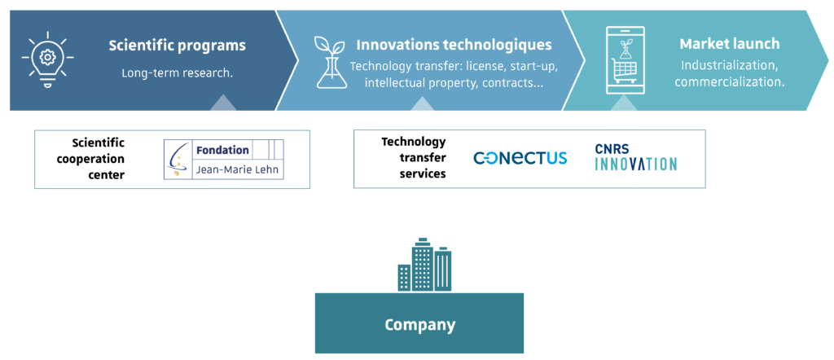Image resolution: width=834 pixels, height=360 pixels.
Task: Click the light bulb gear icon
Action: (48, 59)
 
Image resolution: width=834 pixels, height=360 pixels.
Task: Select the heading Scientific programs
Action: (177, 45)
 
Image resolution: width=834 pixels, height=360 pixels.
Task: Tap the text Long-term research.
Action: (177, 72)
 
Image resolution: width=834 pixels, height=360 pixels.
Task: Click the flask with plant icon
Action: (331, 62)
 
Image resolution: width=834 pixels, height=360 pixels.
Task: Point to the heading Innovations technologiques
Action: (454, 45)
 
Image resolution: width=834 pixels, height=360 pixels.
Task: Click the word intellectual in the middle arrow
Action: (392, 83)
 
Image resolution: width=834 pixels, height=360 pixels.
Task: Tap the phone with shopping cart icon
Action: (625, 60)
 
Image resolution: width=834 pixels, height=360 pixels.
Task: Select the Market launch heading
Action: (730, 44)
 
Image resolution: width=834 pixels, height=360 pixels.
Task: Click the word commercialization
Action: (730, 82)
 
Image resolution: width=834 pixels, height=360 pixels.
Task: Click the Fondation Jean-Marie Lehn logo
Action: (223, 159)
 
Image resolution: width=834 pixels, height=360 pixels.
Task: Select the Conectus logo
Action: (520, 158)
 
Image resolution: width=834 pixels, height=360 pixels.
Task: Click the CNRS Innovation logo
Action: (635, 157)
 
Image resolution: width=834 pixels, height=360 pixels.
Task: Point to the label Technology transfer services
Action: (413, 157)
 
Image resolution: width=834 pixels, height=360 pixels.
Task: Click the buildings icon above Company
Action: (424, 264)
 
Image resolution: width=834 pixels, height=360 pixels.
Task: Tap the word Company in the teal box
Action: (420, 324)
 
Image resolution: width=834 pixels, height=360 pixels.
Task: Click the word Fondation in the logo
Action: (222, 150)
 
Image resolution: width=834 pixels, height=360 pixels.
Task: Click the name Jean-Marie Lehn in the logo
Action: (237, 171)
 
